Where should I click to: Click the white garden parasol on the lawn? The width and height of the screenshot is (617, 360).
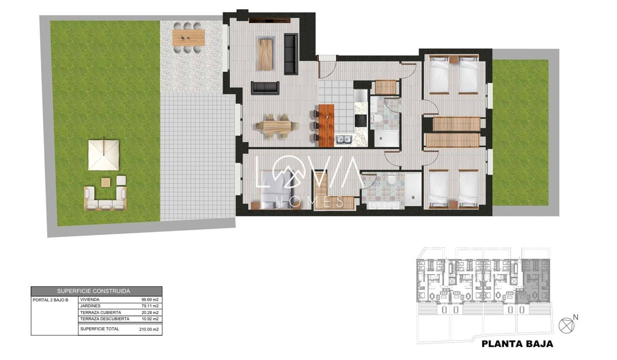[x=104, y=155]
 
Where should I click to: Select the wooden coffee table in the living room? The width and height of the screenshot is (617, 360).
[x=266, y=54]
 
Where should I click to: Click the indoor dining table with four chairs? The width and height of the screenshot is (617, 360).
[x=276, y=126]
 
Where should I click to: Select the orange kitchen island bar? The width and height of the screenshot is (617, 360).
[x=326, y=125]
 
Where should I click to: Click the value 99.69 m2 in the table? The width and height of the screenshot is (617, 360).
[x=150, y=299]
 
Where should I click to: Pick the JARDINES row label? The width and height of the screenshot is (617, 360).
[x=90, y=306]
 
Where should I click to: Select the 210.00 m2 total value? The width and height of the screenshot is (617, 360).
[x=148, y=330]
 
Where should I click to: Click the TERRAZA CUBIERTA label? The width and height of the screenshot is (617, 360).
[x=100, y=313]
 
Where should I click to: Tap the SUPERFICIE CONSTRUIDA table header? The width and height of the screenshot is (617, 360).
[x=96, y=291]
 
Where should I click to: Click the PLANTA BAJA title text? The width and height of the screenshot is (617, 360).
[x=517, y=344]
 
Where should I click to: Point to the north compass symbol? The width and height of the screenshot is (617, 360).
[x=566, y=325]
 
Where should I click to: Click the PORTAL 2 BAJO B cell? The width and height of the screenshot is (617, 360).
[x=51, y=300]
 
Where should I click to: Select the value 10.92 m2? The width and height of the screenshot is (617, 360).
[x=150, y=319]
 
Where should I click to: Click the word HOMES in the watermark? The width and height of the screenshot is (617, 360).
[x=310, y=201]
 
